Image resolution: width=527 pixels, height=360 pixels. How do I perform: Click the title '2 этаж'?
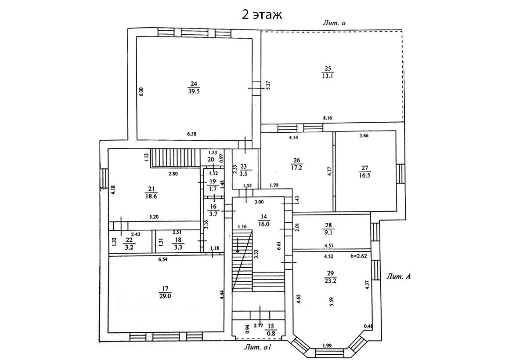coord(262,15)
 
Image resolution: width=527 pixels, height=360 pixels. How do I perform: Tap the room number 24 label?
coord(194,84)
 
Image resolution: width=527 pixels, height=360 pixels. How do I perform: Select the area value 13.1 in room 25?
coord(328,76)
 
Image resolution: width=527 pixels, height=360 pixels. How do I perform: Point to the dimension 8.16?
coord(328,118)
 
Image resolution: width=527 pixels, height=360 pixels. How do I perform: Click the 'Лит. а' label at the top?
coord(334,23)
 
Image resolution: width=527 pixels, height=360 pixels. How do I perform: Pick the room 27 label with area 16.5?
coord(365,171)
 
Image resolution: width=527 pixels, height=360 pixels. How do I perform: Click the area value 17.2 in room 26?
coord(297,167)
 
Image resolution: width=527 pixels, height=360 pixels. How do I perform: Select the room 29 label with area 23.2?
coord(331,277)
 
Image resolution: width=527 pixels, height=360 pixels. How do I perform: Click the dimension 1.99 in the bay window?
coord(327,345)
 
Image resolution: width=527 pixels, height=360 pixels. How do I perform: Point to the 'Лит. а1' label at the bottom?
coord(258,347)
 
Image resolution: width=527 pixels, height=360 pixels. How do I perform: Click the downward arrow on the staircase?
coord(238,245)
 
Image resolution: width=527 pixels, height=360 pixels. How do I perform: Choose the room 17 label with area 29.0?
coord(165,292)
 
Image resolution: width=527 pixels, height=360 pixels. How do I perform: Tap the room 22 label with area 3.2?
coord(129,244)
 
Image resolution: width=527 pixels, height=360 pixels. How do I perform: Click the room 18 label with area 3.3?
coord(178,244)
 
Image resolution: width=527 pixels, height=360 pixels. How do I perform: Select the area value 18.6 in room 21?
coord(151,196)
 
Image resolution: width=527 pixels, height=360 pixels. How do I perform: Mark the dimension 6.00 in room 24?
coord(141,92)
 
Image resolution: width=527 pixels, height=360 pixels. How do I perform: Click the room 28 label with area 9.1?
coord(328,229)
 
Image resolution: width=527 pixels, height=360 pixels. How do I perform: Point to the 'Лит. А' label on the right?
coord(398,276)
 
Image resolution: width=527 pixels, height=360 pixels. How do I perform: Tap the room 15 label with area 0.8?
coord(271,330)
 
